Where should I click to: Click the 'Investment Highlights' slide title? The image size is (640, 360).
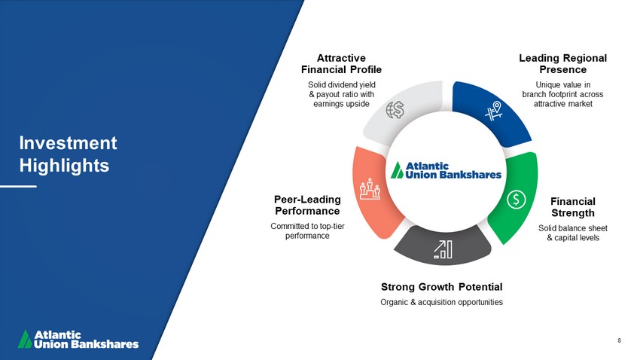[x=69, y=154]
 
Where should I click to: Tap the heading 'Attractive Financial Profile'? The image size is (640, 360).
[x=341, y=64]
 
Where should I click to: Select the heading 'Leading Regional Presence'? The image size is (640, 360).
[x=563, y=64]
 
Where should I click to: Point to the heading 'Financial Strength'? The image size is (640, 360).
[x=573, y=207]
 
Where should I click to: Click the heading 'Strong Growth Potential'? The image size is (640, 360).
[x=442, y=287]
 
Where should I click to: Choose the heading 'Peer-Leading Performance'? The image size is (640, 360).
[x=307, y=206]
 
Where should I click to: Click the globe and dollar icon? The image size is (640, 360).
[x=395, y=110]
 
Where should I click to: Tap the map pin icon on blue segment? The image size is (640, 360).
[x=493, y=111]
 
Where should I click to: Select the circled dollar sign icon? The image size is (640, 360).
[x=517, y=200]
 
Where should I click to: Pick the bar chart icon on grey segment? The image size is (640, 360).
[x=443, y=249]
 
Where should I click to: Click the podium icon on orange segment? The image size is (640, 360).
[x=370, y=188]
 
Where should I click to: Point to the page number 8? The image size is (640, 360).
[x=619, y=340]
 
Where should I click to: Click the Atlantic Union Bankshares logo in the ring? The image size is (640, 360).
[x=446, y=170]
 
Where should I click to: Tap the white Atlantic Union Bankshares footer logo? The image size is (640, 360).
[x=78, y=339]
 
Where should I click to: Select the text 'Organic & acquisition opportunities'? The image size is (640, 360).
[x=442, y=302]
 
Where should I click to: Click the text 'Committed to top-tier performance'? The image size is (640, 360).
[x=307, y=231]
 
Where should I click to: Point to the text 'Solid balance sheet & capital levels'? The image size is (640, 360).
[x=573, y=233]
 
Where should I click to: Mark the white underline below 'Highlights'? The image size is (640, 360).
[x=18, y=186]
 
